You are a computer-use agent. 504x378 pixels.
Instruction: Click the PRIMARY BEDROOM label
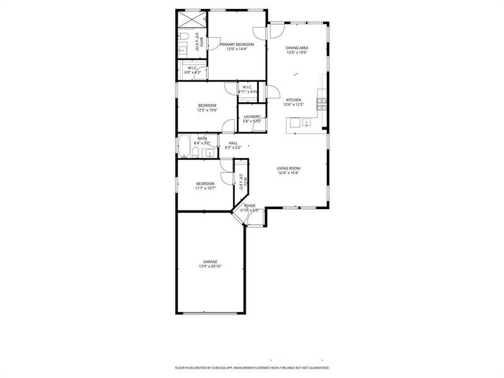tap(237, 44)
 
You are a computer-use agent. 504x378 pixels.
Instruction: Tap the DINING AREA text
tap(297, 48)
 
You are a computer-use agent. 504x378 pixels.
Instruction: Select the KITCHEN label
tap(294, 100)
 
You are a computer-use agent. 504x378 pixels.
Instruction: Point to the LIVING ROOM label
tap(289, 168)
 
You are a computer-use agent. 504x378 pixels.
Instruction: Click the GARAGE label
tap(210, 261)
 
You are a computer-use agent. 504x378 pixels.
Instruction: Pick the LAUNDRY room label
tap(252, 117)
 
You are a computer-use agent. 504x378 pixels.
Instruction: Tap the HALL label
tap(233, 143)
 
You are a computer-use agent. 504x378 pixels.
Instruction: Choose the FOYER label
tap(250, 206)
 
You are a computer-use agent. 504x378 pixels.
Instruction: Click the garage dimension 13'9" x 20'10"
tap(210, 266)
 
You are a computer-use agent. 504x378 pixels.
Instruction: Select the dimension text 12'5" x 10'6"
tap(207, 110)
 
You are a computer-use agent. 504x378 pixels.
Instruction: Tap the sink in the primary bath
tap(182, 49)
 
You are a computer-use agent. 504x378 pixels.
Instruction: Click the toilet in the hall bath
tap(197, 153)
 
